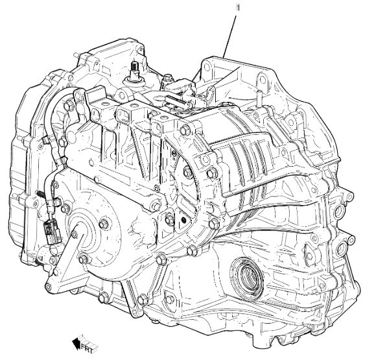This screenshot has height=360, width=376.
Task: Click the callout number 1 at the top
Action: coord(239,8)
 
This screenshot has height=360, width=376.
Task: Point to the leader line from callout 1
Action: coord(229,36)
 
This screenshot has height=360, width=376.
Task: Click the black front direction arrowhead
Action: coord(76,343)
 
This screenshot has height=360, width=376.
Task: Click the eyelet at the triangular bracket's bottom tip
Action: coord(48,287)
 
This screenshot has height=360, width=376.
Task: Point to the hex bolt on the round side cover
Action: coord(104,224)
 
